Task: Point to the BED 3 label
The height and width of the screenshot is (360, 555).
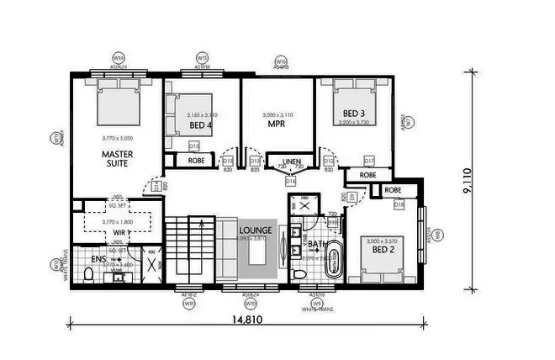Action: click(x=353, y=113)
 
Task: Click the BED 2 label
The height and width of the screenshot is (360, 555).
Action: click(x=383, y=250)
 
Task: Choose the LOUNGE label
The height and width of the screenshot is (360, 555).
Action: click(x=255, y=229)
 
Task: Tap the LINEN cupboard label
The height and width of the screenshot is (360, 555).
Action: click(x=291, y=161)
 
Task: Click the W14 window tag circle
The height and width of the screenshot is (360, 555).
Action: click(x=119, y=58)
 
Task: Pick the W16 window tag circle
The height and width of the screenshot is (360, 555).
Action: click(x=282, y=61)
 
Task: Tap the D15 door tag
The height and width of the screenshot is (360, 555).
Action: click(x=193, y=146)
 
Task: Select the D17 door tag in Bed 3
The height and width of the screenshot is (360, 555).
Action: click(x=369, y=161)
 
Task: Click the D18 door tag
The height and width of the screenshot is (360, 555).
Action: click(x=399, y=205)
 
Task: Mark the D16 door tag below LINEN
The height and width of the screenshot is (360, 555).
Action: click(x=291, y=180)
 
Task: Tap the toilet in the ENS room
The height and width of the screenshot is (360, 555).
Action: click(x=90, y=275)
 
